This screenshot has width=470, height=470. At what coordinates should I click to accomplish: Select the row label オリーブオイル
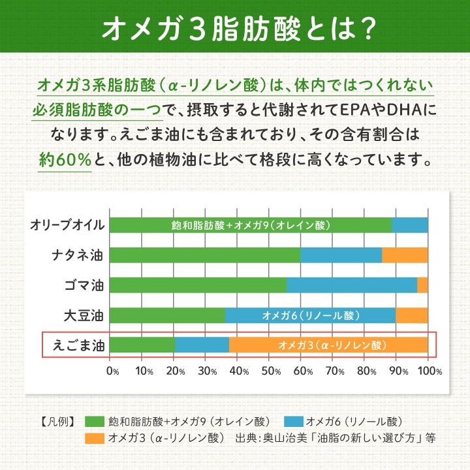[x=67, y=225]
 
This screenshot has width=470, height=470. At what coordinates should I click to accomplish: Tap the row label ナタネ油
[x=78, y=255]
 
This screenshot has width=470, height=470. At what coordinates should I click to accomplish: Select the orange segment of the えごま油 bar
[x=328, y=345]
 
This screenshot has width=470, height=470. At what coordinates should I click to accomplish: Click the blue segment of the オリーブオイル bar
[x=409, y=225]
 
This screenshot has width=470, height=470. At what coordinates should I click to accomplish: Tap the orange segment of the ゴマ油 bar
[x=422, y=285]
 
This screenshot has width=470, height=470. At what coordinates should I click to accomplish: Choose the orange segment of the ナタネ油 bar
[x=405, y=255]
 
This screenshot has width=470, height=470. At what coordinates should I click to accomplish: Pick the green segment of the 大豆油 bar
[x=167, y=315]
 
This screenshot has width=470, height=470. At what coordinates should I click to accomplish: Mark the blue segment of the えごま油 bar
[x=202, y=345]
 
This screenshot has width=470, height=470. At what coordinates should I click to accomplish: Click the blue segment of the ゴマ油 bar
[x=352, y=285]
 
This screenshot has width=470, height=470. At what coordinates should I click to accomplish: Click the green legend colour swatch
[x=94, y=420]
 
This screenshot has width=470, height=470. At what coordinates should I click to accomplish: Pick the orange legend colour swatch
[x=94, y=437]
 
